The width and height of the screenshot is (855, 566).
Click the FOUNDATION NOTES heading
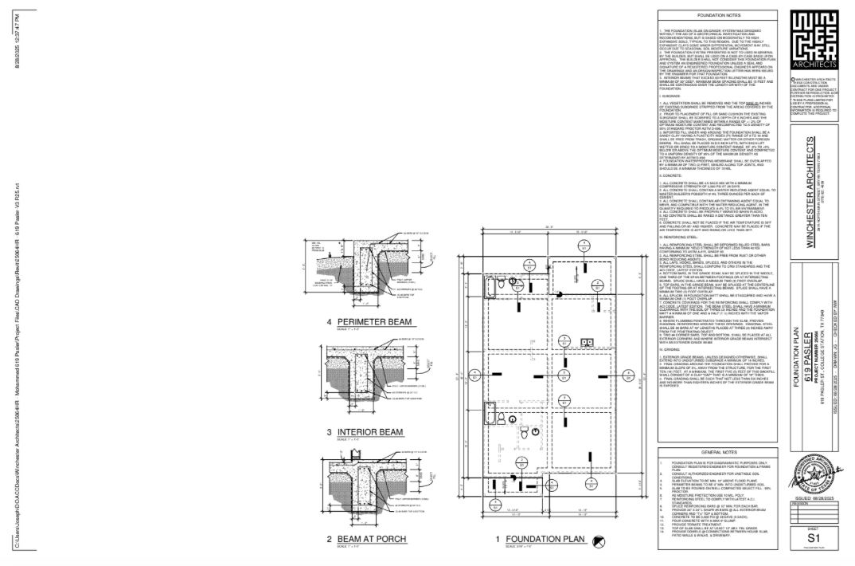click(x=718, y=15)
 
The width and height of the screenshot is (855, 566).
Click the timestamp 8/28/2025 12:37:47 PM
click(x=17, y=40)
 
